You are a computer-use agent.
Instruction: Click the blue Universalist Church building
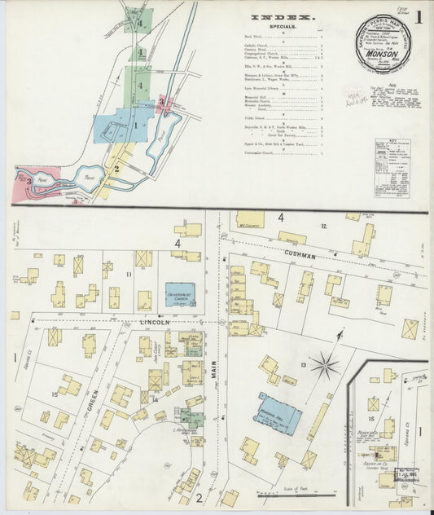[180, 299]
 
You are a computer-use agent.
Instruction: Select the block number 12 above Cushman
[323, 226]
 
